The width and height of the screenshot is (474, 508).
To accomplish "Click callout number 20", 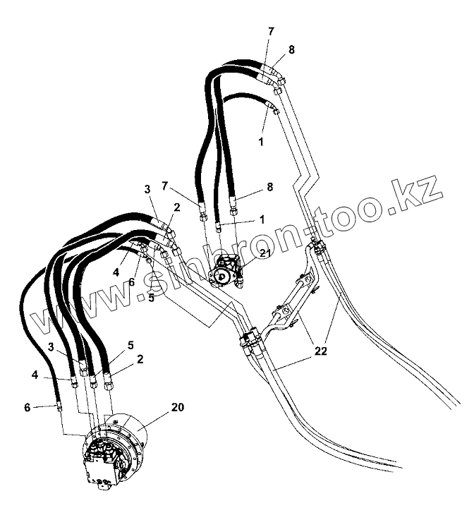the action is pos(176,407).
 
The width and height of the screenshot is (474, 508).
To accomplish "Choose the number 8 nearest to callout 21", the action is pos(269,188).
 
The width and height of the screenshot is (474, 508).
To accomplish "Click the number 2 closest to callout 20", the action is pos(140,359).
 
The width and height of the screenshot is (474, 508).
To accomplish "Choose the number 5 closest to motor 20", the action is pos(130,346).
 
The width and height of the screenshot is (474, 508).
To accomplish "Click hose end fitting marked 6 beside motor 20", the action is pos(59,406).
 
